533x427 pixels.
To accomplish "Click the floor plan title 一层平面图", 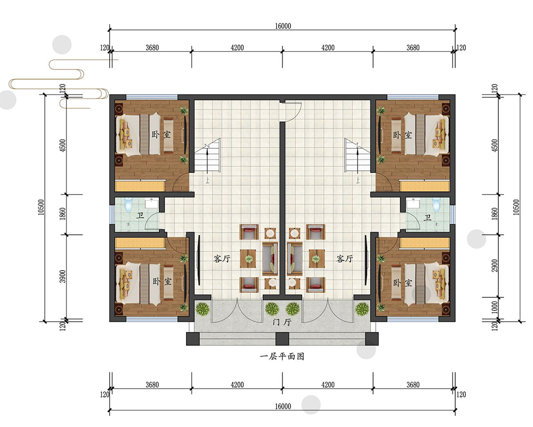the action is pyautogui.click(x=282, y=357).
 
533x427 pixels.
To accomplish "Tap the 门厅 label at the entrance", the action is pyautogui.click(x=282, y=322).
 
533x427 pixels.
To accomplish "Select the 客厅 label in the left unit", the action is pyautogui.click(x=222, y=259).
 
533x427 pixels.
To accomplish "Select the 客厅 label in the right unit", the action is pyautogui.click(x=345, y=259).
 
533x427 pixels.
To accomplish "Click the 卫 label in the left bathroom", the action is pyautogui.click(x=140, y=215).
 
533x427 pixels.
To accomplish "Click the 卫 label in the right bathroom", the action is pyautogui.click(x=427, y=217).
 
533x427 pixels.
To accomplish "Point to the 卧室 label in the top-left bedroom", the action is pyautogui.click(x=161, y=134).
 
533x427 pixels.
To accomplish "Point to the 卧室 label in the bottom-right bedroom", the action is pyautogui.click(x=403, y=283).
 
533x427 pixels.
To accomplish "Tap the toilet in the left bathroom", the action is pyautogui.click(x=128, y=204).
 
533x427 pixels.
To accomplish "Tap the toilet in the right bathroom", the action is pyautogui.click(x=436, y=204).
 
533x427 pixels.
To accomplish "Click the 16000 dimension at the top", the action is pyautogui.click(x=283, y=26).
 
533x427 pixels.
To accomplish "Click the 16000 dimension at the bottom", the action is pyautogui.click(x=283, y=406).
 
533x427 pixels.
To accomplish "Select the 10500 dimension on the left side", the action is pyautogui.click(x=41, y=208).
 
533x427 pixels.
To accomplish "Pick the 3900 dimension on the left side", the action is pyautogui.click(x=62, y=276).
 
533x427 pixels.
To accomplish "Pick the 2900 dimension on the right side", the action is pyautogui.click(x=495, y=266).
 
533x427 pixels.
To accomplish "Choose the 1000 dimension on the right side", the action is pyautogui.click(x=495, y=307).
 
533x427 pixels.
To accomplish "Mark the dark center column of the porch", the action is pyautogui.click(x=282, y=339).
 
